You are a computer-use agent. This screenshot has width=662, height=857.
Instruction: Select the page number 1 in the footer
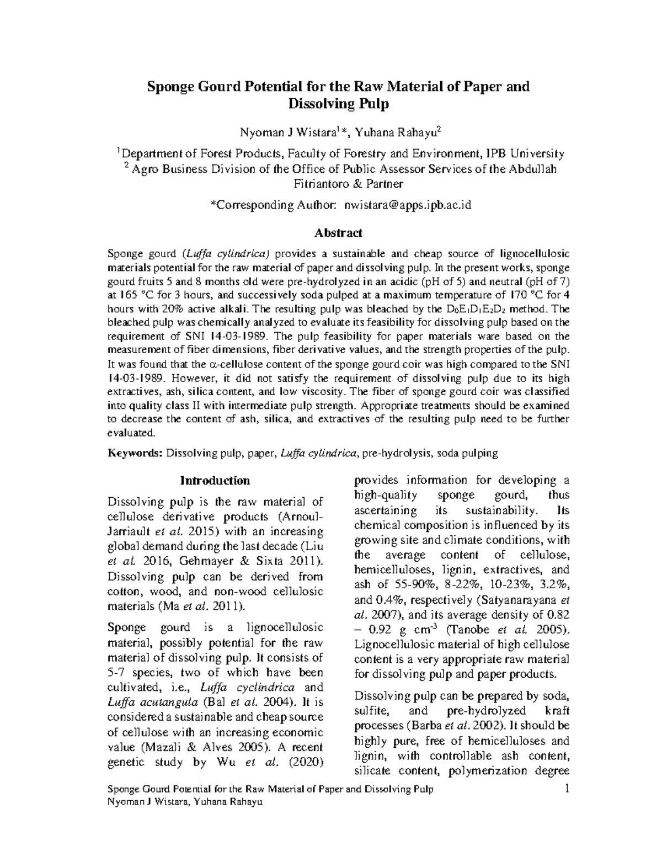click(x=567, y=790)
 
